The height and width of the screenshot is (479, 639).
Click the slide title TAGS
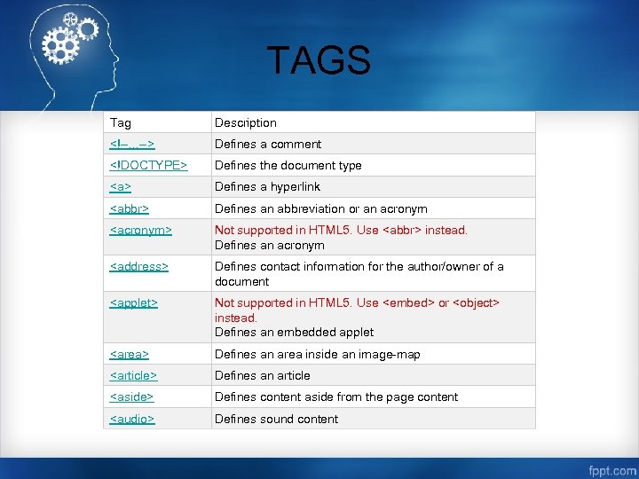click(319, 61)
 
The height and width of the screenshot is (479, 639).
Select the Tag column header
click(120, 122)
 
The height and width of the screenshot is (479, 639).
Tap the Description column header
click(246, 122)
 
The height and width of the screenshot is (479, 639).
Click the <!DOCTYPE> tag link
click(148, 165)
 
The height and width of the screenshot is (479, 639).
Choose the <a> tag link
click(120, 187)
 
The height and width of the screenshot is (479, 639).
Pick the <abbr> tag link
click(129, 208)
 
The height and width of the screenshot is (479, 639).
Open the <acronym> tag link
click(140, 230)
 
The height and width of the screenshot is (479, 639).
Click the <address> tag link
click(138, 266)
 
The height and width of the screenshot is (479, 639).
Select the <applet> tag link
click(133, 302)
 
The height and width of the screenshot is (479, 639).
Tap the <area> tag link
click(129, 354)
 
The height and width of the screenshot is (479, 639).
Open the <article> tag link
click(133, 375)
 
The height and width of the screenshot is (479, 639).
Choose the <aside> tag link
click(131, 397)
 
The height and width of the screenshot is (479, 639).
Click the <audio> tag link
click(131, 419)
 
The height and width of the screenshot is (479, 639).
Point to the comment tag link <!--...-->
click(132, 144)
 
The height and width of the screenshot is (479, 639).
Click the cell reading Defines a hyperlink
click(267, 187)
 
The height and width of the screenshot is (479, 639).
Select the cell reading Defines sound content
click(276, 419)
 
